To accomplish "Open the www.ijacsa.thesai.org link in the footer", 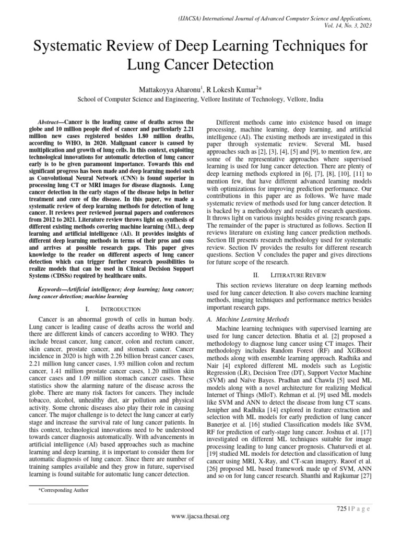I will pyautogui.click(x=200, y=516).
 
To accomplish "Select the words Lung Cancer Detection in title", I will pyautogui.click(x=200, y=65).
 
